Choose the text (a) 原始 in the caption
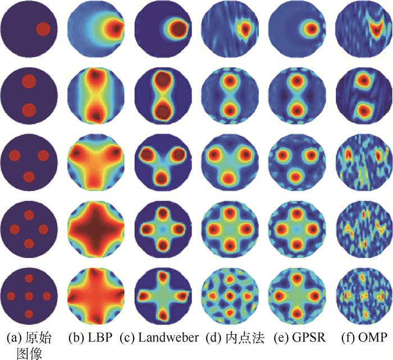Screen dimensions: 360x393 click(29, 338)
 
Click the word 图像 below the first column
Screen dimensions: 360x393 click(29, 353)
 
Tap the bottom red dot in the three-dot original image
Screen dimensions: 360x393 click(29, 177)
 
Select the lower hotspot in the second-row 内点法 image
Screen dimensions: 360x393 click(229, 109)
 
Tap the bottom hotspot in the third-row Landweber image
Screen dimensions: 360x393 click(162, 178)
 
